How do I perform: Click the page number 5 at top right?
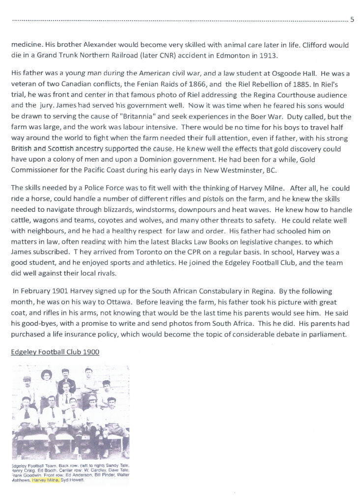(352, 20)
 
